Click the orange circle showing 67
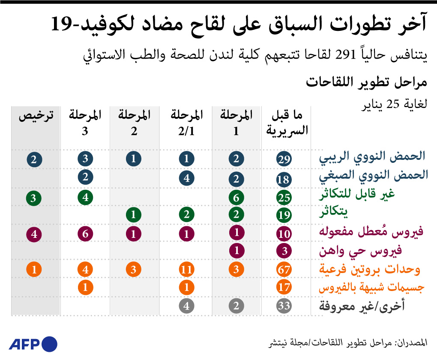pos(284,270)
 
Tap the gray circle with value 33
pos(284,306)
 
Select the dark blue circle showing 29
pos(284,160)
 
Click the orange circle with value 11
pos(186,270)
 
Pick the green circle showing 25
pos(284,198)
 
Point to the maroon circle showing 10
pos(284,234)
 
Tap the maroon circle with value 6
pos(85,234)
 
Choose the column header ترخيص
pos(36,116)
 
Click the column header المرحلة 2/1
pos(186,123)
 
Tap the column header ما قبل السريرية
pos(287,123)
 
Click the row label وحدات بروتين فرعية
pos(369,270)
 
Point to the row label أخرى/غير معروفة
pos(362,306)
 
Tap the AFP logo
pos(33,344)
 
